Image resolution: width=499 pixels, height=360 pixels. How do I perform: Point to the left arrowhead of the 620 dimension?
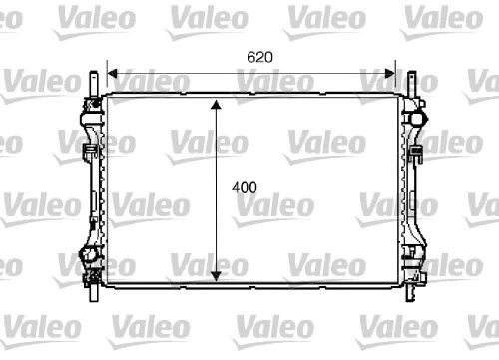[x=113, y=73]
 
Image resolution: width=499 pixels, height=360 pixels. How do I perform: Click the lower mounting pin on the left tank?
[x=93, y=292]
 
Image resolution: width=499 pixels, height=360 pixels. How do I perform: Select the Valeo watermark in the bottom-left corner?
[x=30, y=327]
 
